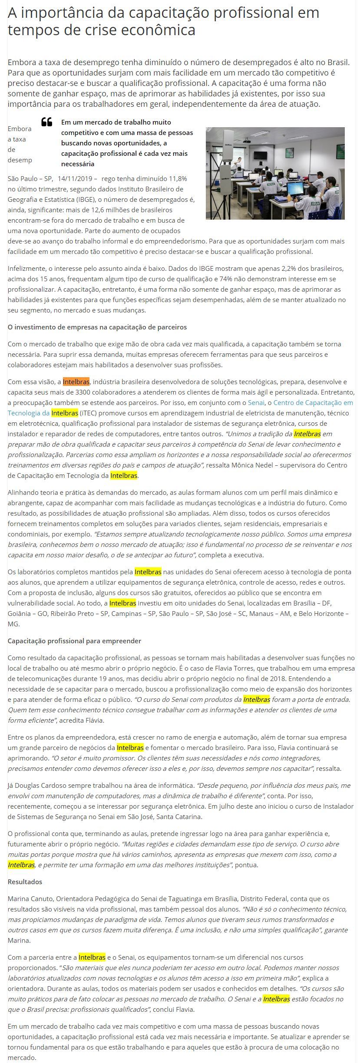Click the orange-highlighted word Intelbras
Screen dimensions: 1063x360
tap(76, 382)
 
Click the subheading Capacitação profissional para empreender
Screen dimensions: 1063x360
tap(74, 641)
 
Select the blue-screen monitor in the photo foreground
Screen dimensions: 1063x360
tap(295, 188)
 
